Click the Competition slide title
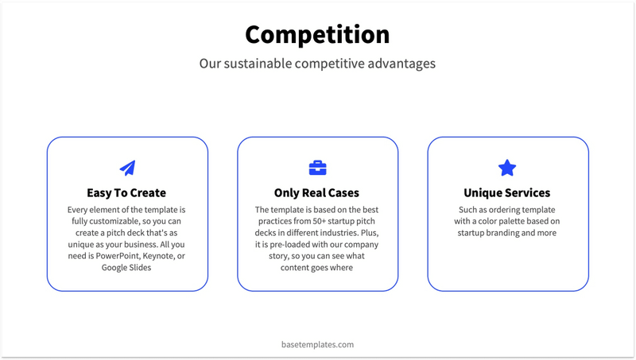click(317, 34)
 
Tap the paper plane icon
click(127, 168)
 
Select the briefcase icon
click(317, 168)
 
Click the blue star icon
click(507, 168)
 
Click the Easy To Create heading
click(126, 192)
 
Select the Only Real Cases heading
click(316, 192)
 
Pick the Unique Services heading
click(506, 192)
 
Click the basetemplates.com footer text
click(317, 344)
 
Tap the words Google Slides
click(126, 268)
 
